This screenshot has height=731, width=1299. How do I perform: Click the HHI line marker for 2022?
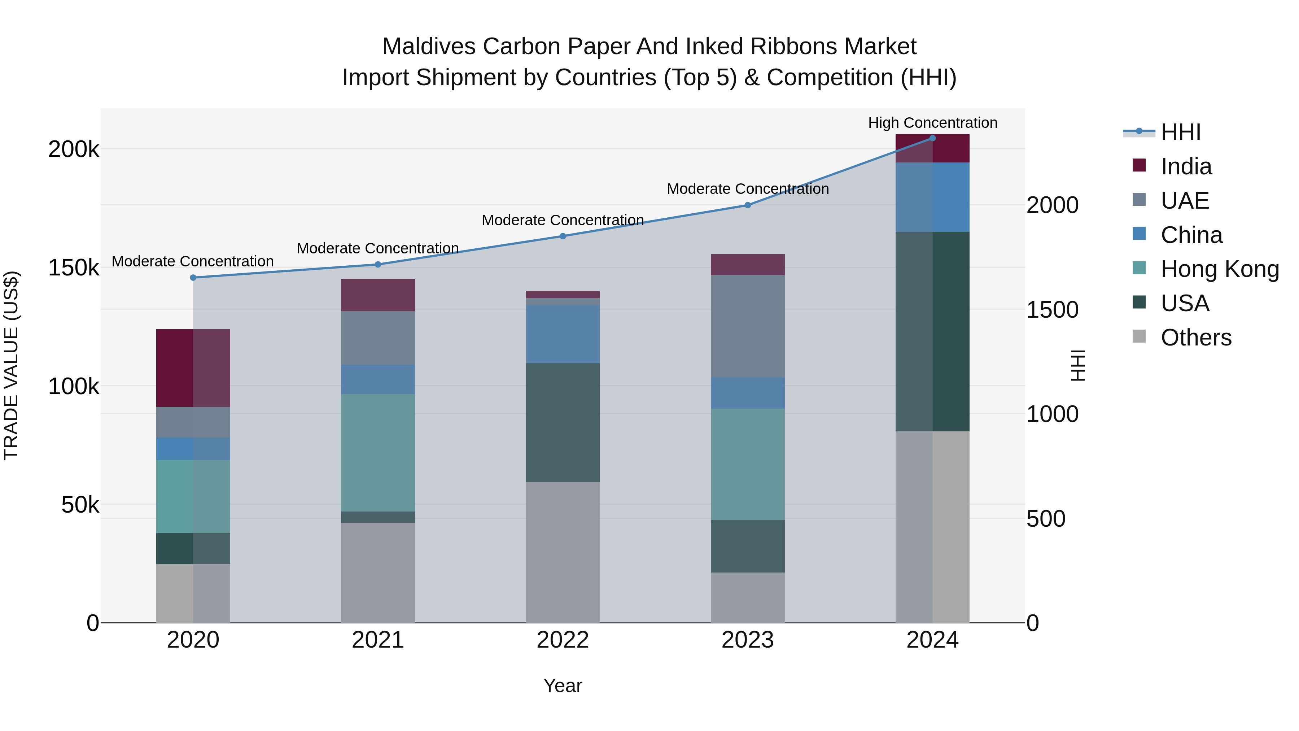[x=563, y=236]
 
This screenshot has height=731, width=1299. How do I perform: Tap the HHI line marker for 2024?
[x=932, y=138]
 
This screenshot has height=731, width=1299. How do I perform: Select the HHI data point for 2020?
[x=193, y=278]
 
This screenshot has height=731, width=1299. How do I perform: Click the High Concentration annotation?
[x=932, y=123]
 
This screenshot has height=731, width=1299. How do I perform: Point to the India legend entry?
[x=1186, y=166]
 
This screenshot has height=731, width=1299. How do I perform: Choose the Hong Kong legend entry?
[x=1219, y=269]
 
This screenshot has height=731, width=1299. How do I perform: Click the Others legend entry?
[x=1196, y=338]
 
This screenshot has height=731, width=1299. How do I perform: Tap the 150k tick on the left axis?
[x=74, y=268]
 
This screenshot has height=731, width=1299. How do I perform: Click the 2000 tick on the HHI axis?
[x=1053, y=205]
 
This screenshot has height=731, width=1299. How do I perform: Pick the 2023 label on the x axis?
[x=747, y=640]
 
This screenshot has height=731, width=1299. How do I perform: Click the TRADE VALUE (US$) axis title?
[x=11, y=365]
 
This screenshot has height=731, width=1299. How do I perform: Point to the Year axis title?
[x=563, y=686]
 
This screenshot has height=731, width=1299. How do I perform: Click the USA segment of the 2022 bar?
[x=563, y=423]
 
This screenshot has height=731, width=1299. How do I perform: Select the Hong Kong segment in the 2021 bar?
[x=378, y=453]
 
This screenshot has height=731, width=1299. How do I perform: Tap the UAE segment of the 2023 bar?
[x=747, y=326]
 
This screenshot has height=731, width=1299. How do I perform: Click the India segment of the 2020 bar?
[x=193, y=368]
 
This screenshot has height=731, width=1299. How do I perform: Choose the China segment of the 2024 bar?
[x=932, y=197]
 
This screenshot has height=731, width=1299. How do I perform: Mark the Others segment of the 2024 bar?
[x=932, y=527]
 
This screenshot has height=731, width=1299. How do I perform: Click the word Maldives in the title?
[x=429, y=47]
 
